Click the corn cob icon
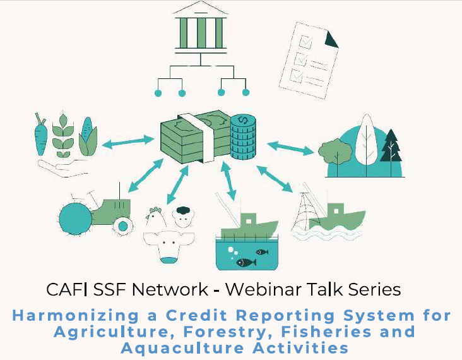pos(88,136)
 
